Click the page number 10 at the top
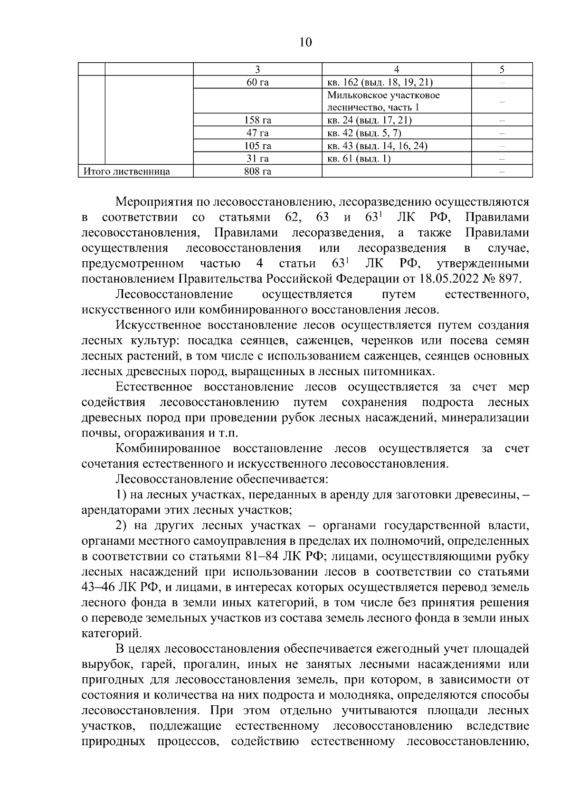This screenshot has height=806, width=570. click(305, 42)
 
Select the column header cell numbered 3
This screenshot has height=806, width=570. click(257, 69)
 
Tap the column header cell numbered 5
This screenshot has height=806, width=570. click(502, 69)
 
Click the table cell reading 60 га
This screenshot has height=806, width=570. click(257, 82)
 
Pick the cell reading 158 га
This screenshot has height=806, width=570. click(257, 121)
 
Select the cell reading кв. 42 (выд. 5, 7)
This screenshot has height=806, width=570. click(368, 133)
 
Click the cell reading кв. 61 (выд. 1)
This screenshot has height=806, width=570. click(359, 159)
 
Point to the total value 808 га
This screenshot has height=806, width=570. click(257, 171)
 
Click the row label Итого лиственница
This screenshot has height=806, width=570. click(127, 171)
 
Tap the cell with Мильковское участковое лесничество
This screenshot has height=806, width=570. click(383, 101)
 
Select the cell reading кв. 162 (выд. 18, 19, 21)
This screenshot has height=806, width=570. click(380, 82)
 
